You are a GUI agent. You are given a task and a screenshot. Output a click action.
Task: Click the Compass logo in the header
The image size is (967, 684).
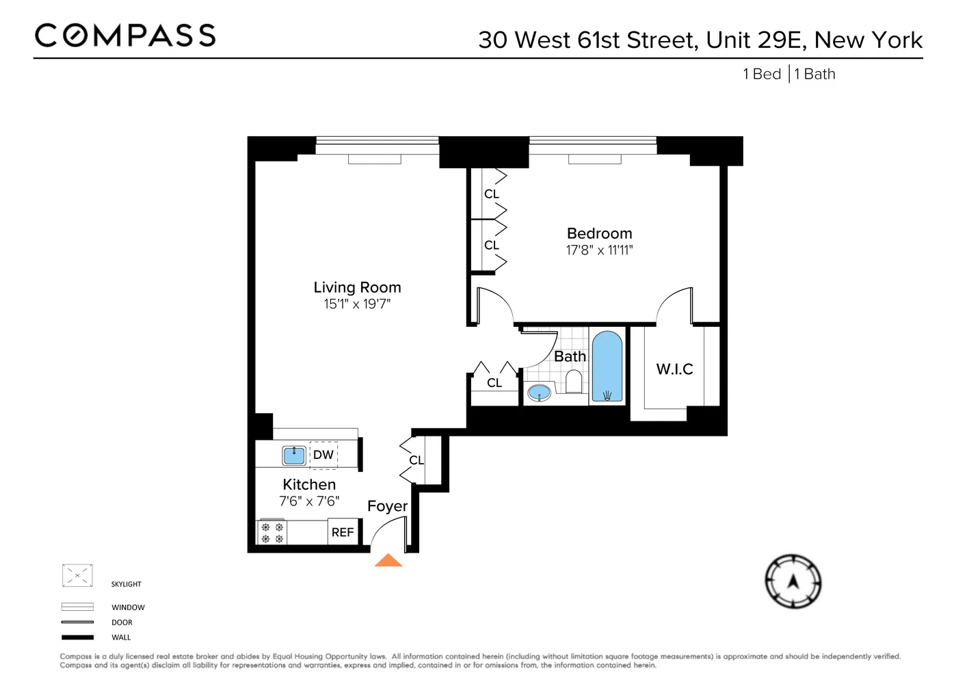click(x=125, y=36)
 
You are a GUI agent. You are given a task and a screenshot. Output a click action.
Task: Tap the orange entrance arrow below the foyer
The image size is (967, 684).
click(x=388, y=561)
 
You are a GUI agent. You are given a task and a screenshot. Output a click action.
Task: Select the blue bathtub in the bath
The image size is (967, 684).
click(x=607, y=367)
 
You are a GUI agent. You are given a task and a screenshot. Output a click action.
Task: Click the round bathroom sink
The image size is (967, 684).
click(x=540, y=393)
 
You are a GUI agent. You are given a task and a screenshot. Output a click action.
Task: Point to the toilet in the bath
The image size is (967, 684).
click(x=574, y=382)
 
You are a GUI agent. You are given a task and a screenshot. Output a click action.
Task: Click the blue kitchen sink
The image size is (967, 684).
click(x=294, y=455)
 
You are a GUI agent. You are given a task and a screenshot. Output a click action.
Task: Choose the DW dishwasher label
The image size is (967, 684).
click(x=323, y=455)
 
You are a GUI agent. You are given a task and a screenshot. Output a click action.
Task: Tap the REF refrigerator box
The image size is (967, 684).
click(x=343, y=532)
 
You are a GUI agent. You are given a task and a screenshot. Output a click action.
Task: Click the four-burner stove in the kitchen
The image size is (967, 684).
click(x=272, y=533)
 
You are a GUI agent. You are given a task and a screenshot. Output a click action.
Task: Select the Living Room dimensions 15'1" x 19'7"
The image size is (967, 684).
click(x=357, y=304)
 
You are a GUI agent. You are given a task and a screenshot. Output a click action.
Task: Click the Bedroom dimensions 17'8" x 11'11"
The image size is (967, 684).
click(x=599, y=250)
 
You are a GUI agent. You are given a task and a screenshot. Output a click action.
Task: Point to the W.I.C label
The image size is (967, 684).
click(x=674, y=369)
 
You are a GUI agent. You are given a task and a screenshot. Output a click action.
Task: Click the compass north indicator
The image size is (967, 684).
click(x=793, y=581)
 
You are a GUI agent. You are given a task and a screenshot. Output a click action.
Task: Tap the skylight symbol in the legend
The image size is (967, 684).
click(x=77, y=576)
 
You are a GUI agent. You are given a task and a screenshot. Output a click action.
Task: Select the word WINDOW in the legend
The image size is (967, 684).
click(x=128, y=607)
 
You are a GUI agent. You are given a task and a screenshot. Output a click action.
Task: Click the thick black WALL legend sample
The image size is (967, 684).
click(x=77, y=637)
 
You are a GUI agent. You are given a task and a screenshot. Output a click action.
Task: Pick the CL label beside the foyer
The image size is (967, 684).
click(x=416, y=460)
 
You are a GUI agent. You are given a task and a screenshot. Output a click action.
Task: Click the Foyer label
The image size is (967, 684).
click(x=387, y=506)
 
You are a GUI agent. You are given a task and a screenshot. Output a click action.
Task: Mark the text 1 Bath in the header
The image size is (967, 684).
click(x=815, y=74)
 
